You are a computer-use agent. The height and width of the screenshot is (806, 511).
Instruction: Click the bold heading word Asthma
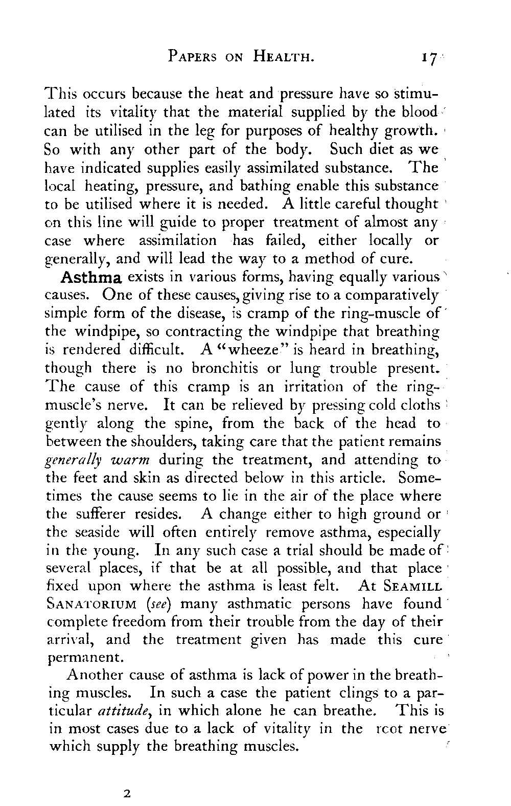click(90, 279)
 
